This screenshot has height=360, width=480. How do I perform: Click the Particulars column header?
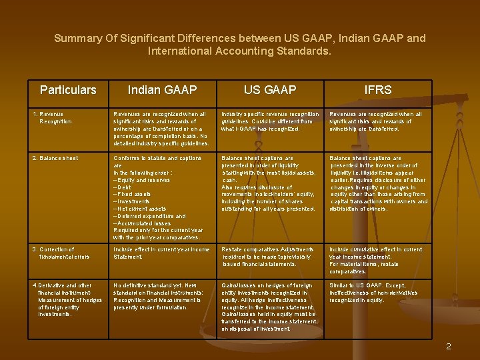68,90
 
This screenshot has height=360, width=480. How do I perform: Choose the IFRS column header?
378,90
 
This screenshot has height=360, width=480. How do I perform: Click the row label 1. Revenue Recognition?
53,118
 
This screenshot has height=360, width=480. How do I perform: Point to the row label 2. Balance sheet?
55,158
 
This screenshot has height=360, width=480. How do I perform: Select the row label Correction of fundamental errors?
63,253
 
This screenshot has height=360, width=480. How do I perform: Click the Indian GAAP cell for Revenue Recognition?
161,128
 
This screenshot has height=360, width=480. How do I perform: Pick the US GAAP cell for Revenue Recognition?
270,121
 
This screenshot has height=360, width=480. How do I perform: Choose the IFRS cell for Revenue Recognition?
376,121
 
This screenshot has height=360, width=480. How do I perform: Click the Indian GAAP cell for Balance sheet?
160,197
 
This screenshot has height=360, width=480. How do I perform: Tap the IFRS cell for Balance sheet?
377,183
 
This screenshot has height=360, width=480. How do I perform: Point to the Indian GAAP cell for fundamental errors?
161,253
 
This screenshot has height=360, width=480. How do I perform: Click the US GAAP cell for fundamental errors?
269,256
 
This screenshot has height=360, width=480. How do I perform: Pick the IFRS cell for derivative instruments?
373,292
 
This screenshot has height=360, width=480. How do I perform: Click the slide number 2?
449,346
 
